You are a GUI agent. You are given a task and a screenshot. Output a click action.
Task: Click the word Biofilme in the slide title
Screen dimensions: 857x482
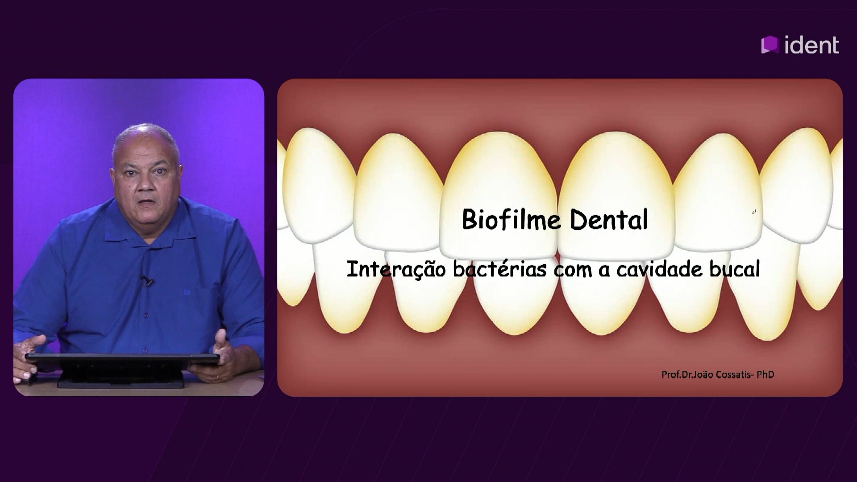(511, 219)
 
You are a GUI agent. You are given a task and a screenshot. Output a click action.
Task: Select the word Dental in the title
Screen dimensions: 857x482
(609, 219)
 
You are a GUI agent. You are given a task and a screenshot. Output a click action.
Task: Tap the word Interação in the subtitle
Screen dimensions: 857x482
(396, 269)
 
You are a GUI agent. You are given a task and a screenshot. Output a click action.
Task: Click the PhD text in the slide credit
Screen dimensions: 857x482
(765, 374)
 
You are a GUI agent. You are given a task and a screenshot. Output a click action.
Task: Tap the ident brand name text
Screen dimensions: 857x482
(812, 46)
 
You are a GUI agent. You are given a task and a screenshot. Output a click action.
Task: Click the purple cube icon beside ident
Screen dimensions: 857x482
(770, 45)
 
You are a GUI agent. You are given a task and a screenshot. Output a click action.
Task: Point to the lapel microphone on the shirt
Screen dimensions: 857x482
(146, 281)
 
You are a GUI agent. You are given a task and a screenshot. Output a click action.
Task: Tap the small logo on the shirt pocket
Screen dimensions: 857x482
(187, 292)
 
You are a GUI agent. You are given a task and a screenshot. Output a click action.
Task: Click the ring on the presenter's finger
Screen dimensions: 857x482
(216, 377)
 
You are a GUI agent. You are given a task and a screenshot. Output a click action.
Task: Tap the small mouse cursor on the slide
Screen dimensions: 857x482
(754, 212)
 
